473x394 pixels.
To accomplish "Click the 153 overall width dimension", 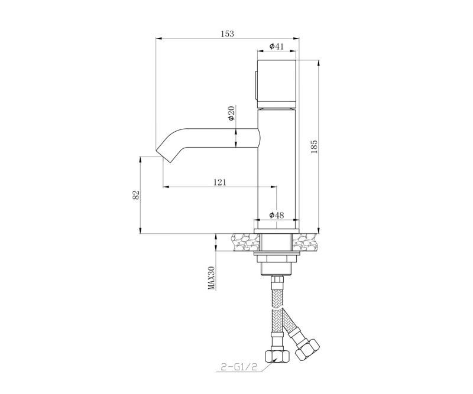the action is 227,34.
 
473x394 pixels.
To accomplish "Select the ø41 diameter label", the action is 276,46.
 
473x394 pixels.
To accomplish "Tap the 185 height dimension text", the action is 314,146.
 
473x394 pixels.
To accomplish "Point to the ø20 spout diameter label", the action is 231,113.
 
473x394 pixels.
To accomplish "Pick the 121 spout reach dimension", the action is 219,183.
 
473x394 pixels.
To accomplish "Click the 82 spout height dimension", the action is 136,195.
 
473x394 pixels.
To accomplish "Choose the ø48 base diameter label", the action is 276,215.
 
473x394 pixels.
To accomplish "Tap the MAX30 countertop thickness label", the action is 212,278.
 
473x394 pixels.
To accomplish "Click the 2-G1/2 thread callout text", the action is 238,367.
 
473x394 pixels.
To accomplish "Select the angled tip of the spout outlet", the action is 164,155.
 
